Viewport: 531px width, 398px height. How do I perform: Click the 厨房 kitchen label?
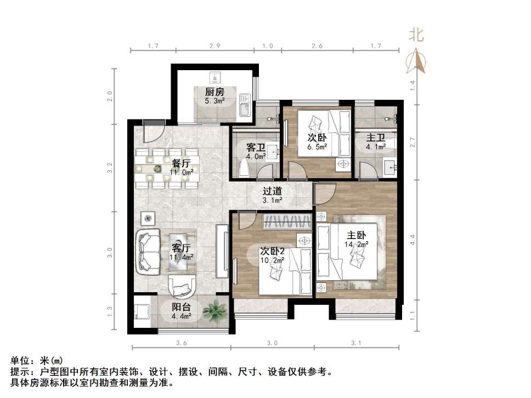click(214, 92)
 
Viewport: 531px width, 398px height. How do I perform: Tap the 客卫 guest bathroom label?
click(256, 148)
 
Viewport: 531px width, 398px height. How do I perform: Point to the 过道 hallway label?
click(272, 191)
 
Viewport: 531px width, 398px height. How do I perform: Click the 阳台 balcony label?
click(182, 307)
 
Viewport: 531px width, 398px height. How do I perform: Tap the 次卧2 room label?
click(272, 251)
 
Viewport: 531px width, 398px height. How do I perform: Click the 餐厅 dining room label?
click(181, 163)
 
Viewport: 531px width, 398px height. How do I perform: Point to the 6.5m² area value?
click(317, 146)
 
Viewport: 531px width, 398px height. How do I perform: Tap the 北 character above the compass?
click(416, 36)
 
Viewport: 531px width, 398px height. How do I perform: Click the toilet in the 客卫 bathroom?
click(245, 167)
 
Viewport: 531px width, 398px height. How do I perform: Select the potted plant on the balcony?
click(214, 311)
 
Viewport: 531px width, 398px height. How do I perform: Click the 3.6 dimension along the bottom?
click(182, 343)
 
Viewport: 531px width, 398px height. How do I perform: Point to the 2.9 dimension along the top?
click(214, 46)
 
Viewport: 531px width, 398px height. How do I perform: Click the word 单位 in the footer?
click(21, 361)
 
